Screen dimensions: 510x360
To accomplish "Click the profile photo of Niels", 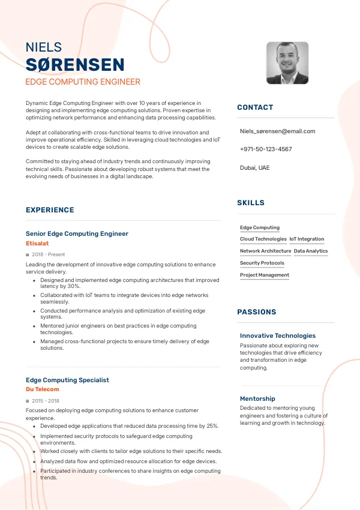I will point(287,63).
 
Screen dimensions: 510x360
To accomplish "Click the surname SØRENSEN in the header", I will point(75,65).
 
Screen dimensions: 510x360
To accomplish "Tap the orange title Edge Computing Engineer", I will point(83,82).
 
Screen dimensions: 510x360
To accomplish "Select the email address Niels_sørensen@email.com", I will point(277,131).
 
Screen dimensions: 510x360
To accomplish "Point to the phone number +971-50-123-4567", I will point(266,149).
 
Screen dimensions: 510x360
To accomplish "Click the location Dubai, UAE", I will point(255,167).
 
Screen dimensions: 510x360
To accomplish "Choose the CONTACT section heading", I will point(255,107).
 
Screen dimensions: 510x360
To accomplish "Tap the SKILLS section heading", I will point(251,203).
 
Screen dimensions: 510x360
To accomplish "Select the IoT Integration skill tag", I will point(307,239).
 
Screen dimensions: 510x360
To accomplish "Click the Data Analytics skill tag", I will point(311,251).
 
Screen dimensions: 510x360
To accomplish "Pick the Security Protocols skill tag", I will point(262,263).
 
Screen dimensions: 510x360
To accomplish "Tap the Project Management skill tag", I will point(265,275).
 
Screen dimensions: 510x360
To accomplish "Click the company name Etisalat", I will point(37,244).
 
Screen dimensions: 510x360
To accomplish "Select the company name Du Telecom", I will point(43,389).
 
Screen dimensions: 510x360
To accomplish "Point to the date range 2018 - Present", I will point(48,254).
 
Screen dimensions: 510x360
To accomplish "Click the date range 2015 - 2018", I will point(46,400).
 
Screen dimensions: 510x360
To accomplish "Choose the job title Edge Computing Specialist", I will point(67,380).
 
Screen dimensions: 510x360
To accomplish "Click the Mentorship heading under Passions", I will point(257,398).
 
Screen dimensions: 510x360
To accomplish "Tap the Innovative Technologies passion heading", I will point(277,335).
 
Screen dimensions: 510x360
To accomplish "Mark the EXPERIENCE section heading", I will point(50,210).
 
